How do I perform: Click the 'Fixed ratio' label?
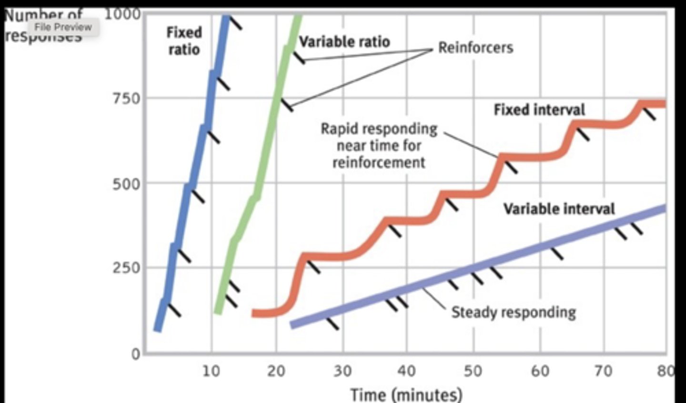pyautogui.click(x=184, y=41)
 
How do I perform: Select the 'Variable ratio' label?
pyautogui.click(x=344, y=42)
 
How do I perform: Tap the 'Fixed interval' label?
pyautogui.click(x=539, y=110)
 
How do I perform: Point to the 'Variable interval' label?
pyautogui.click(x=559, y=209)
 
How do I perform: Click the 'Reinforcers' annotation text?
pyautogui.click(x=475, y=48)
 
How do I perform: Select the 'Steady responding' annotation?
pyautogui.click(x=514, y=312)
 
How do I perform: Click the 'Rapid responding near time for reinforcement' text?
pyautogui.click(x=379, y=146)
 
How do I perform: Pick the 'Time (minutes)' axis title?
pyautogui.click(x=406, y=394)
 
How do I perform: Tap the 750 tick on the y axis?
pyautogui.click(x=127, y=99)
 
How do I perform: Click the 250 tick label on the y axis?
pyautogui.click(x=127, y=268)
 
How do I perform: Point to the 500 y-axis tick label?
pyautogui.click(x=127, y=184)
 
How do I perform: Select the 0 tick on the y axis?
pyautogui.click(x=136, y=354)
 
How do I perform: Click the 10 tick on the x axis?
pyautogui.click(x=211, y=371)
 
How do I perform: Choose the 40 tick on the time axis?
pyautogui.click(x=406, y=371)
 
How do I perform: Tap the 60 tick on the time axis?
pyautogui.click(x=540, y=371)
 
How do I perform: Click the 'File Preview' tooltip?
pyautogui.click(x=63, y=27)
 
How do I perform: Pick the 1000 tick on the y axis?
pyautogui.click(x=122, y=14)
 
